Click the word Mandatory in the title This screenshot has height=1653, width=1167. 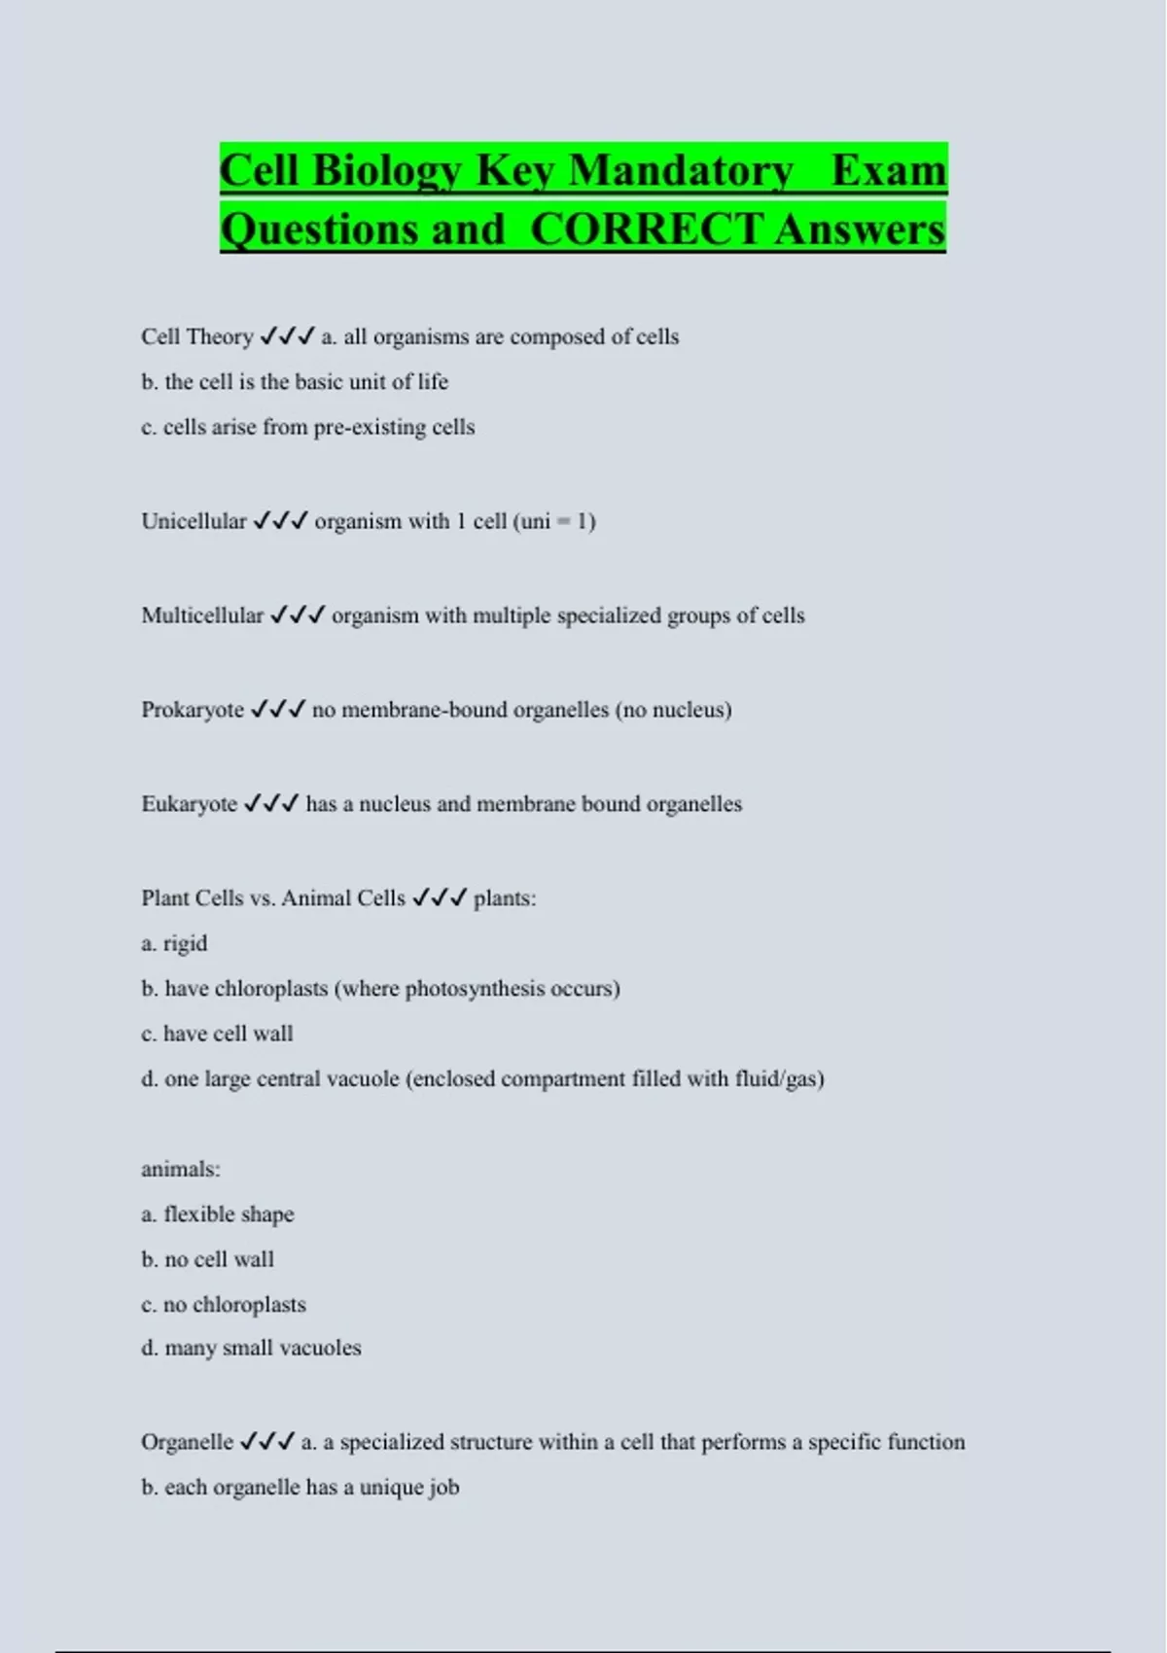680,171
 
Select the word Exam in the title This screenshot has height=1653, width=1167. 888,171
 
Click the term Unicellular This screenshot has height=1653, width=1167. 194,521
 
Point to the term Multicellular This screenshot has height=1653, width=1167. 202,615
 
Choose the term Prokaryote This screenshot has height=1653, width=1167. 193,710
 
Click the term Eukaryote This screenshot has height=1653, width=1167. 189,804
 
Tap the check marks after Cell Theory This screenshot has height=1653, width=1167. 287,336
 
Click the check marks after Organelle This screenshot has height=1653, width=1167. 266,1442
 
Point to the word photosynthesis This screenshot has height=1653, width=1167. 475,989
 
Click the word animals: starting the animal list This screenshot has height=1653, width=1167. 181,1170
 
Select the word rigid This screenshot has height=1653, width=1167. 185,943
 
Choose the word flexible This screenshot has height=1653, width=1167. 200,1214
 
